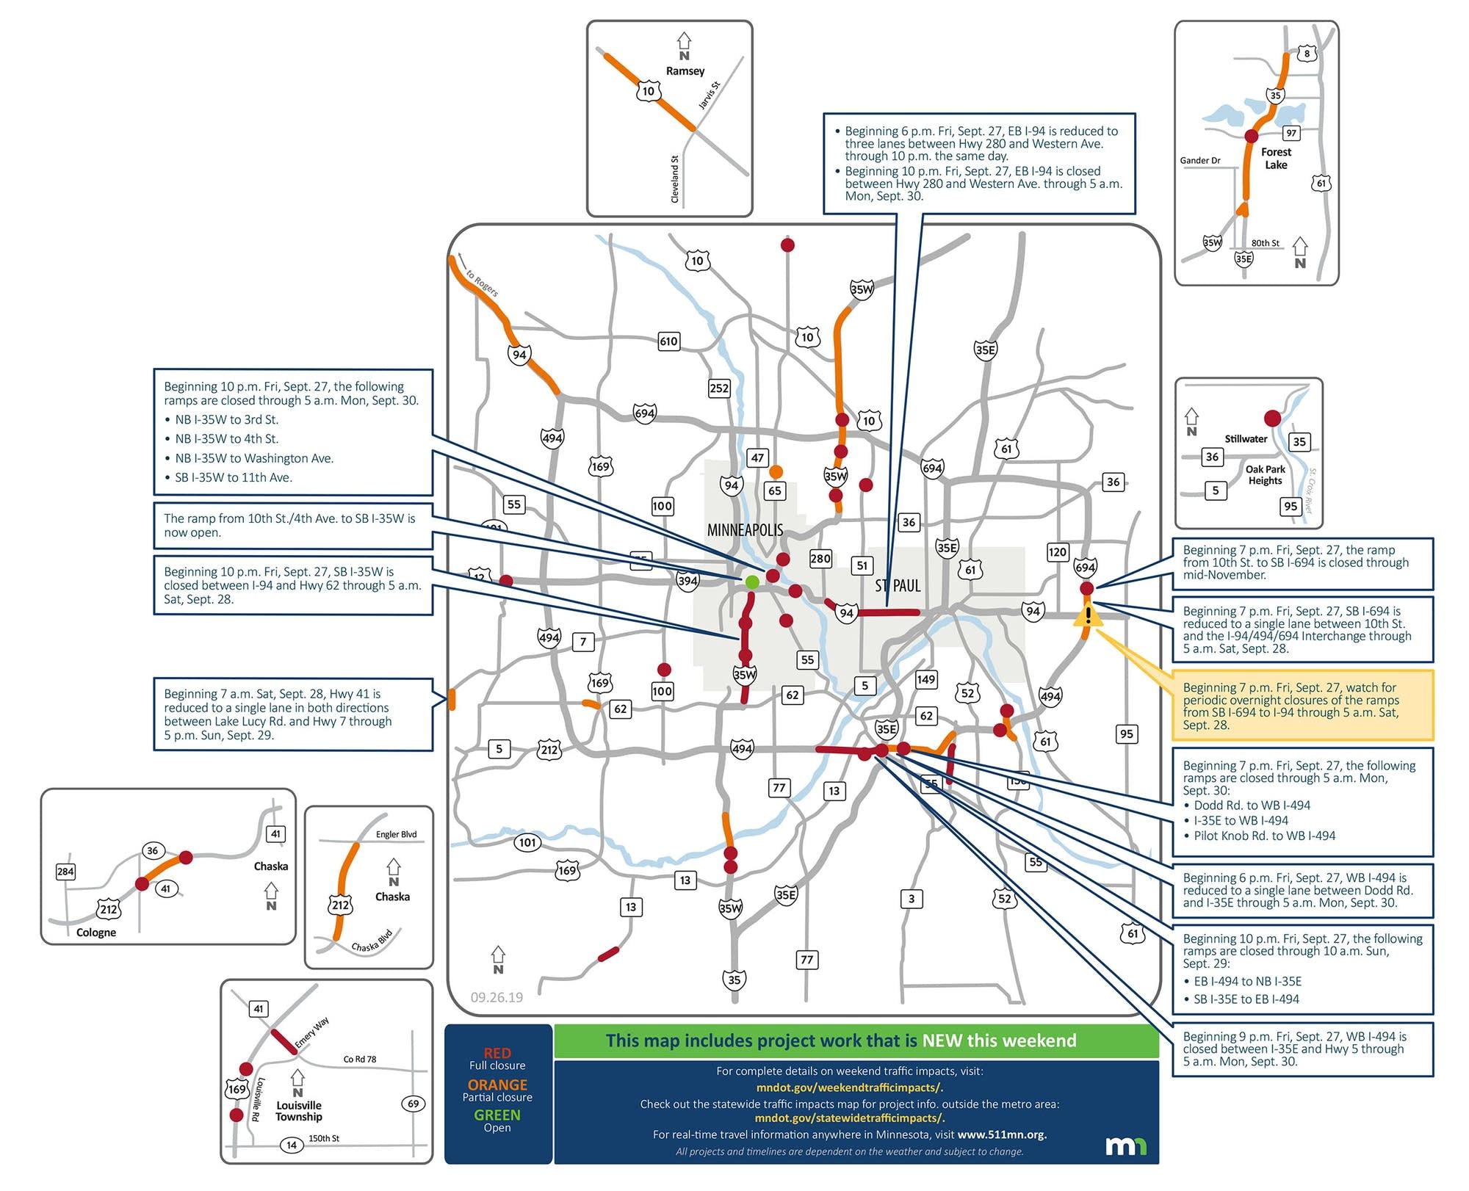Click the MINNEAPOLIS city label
(745, 529)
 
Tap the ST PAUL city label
(898, 586)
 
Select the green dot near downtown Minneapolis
(752, 582)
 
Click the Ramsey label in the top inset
(685, 71)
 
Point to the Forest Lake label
(1276, 158)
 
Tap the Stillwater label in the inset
(1246, 439)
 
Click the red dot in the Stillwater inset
(1272, 419)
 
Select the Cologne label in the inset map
(96, 933)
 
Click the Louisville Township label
(299, 1111)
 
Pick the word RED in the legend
(497, 1053)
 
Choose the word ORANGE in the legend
(497, 1085)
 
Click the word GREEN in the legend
(497, 1115)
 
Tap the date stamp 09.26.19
(497, 997)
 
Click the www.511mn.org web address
(1002, 1134)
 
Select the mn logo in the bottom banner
(1126, 1146)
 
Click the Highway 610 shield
(668, 341)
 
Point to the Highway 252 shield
(719, 388)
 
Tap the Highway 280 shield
(820, 559)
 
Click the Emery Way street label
(312, 1033)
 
